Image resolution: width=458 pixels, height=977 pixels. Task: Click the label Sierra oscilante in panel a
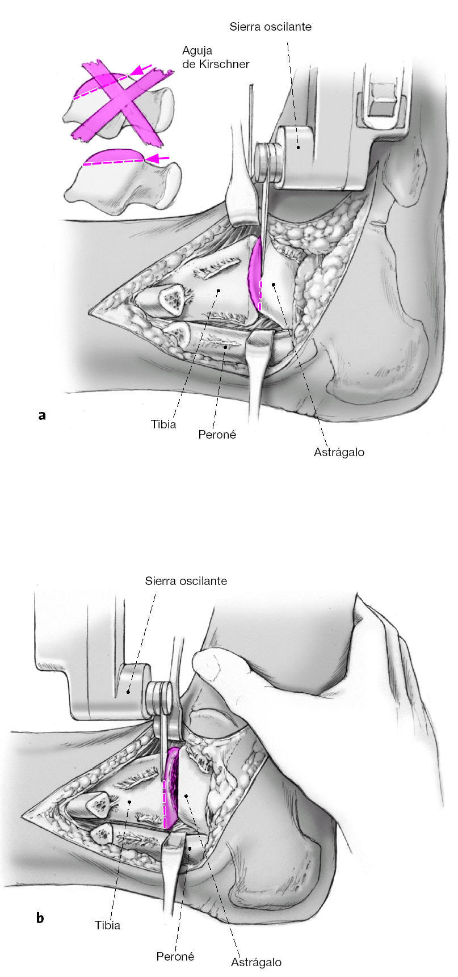click(271, 27)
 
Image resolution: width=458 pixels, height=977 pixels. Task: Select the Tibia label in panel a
click(163, 424)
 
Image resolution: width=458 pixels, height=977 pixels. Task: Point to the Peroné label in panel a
click(217, 435)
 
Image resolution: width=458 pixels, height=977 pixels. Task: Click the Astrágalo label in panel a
click(339, 452)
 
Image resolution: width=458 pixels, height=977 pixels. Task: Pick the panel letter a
click(41, 415)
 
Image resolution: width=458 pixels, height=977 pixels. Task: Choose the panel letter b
click(40, 917)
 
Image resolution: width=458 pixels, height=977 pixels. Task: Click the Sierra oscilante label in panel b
click(186, 581)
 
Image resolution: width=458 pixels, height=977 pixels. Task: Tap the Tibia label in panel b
click(107, 925)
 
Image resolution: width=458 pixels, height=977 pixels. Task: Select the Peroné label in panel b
click(175, 956)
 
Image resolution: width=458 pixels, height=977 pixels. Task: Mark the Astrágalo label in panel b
click(256, 962)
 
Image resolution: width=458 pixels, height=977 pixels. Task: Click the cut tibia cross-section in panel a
click(170, 300)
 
